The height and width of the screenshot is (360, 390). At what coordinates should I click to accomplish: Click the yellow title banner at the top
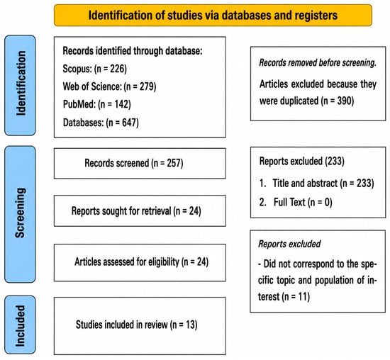coord(213,15)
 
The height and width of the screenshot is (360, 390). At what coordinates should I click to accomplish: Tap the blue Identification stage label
coord(20,85)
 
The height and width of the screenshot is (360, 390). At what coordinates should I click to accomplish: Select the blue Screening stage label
coord(20,214)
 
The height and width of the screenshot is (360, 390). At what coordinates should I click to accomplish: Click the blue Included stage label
coord(20,325)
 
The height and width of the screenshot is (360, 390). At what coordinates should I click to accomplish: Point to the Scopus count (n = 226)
coord(111,69)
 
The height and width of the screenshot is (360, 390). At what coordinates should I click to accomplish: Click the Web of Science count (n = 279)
coord(140,86)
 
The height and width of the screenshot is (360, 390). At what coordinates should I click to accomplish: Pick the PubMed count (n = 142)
coord(114,104)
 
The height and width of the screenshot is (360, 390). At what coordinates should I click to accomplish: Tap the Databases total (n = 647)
coord(122,123)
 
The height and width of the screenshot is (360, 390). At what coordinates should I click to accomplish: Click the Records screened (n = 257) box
coord(140,163)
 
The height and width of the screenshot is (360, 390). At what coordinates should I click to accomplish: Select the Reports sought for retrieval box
coord(140,211)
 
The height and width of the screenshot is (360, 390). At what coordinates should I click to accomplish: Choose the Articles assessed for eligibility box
coord(140,262)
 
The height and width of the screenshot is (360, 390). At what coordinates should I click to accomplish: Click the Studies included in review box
coord(140,326)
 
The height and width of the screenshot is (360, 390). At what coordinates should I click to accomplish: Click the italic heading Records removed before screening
coord(318,62)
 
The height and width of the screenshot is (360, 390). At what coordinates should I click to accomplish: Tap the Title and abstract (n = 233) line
coord(317,184)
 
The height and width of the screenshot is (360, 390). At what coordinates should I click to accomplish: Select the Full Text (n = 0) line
coord(296,202)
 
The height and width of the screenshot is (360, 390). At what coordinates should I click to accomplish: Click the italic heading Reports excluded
coord(289,244)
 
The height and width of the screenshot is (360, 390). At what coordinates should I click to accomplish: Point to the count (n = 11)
coord(296,297)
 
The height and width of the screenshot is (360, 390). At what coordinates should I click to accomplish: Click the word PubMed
coord(79,104)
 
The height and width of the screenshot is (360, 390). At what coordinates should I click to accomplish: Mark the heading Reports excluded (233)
coord(302,161)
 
